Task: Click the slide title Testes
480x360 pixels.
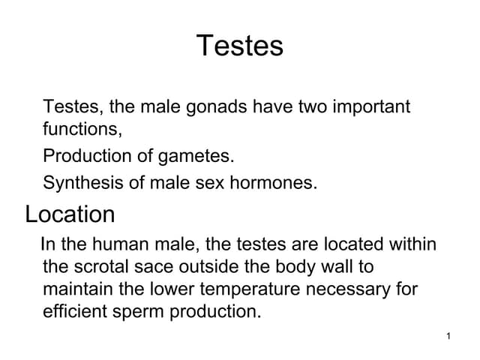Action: click(240, 46)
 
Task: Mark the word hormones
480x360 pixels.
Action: click(277, 182)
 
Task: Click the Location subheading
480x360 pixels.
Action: click(70, 214)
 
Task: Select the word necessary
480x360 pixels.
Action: click(351, 289)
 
